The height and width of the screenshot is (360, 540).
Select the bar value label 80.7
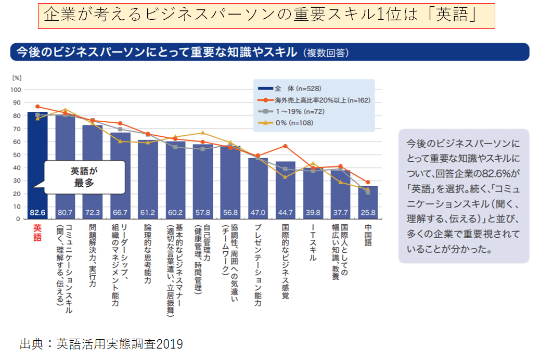66,213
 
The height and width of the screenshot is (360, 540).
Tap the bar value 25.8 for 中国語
368,213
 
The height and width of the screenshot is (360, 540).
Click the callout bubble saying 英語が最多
84,177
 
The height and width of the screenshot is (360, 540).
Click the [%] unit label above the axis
17,78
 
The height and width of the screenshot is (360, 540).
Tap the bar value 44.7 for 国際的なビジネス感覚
285,213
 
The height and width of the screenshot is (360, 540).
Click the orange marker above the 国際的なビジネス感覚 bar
285,146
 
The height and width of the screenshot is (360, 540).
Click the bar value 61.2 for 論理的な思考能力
148,213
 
